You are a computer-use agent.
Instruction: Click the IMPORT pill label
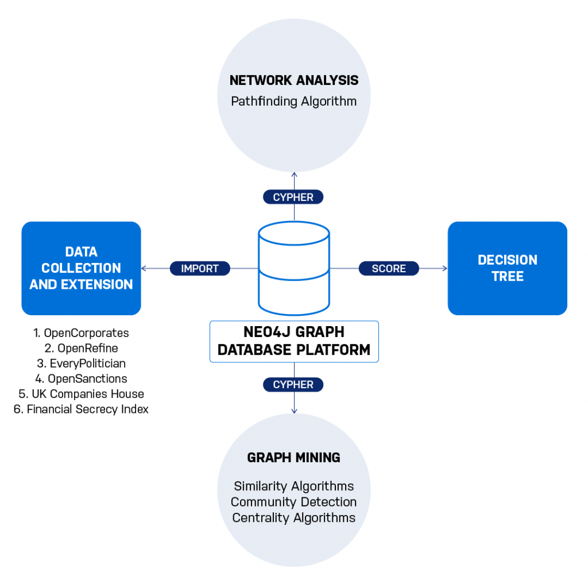[200, 268]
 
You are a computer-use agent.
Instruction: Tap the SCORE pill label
[389, 268]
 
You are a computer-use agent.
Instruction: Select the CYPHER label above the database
[293, 197]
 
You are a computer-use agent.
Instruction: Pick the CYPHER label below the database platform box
[293, 385]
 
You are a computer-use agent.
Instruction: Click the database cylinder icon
[293, 267]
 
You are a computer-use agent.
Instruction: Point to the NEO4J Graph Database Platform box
[294, 341]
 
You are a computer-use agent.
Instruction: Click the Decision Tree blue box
[507, 268]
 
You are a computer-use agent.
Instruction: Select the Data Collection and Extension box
[81, 268]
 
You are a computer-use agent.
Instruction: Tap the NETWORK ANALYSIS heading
[294, 80]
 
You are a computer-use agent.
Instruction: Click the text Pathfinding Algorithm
[294, 102]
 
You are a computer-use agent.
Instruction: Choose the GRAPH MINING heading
[294, 458]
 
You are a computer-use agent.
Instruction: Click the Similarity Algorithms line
[294, 486]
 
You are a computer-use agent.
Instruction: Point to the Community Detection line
[294, 502]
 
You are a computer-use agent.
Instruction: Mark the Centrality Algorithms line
[294, 517]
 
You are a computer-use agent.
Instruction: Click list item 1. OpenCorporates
[81, 333]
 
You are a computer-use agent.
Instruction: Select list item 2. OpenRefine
[81, 348]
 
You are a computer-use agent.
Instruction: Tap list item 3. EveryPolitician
[81, 363]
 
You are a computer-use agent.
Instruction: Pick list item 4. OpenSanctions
[81, 378]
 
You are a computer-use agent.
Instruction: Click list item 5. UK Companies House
[81, 394]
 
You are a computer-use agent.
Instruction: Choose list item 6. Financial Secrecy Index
[81, 409]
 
